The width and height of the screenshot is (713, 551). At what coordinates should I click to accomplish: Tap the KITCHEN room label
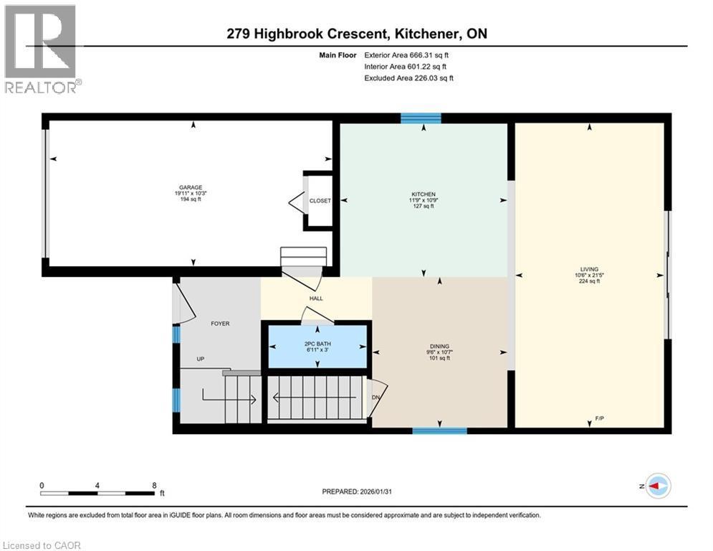pos(424,194)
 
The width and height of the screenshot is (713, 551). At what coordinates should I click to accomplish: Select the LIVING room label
pos(589,269)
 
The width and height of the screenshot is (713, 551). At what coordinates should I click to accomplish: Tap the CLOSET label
pos(320,201)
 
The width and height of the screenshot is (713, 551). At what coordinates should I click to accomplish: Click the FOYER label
pos(220,324)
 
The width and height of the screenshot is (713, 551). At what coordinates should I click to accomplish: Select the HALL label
pos(316,298)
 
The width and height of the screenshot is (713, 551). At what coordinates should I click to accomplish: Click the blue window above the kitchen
pos(421,118)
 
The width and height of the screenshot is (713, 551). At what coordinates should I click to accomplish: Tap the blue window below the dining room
pos(439,430)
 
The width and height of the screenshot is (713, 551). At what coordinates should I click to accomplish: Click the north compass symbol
pos(657,486)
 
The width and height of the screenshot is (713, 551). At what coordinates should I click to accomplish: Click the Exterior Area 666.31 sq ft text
pos(407,55)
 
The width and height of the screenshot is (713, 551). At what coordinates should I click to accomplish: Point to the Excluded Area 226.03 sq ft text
pos(408,77)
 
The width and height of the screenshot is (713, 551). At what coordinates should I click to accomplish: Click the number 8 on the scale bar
pos(154,485)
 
